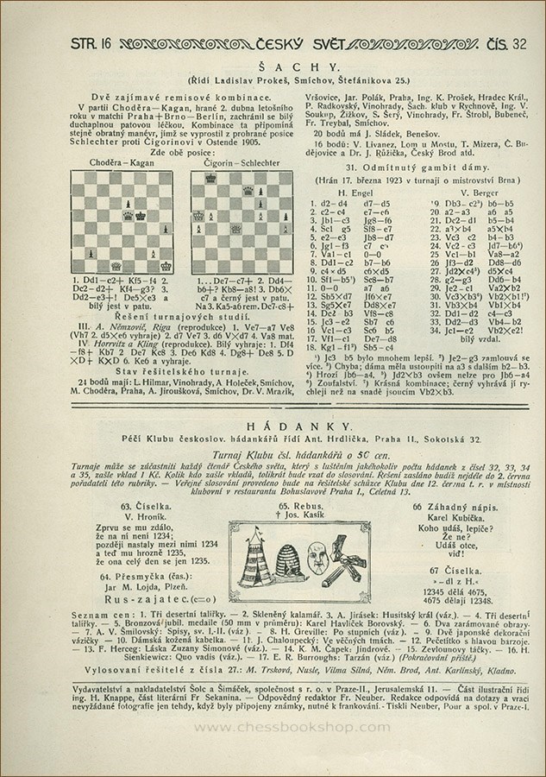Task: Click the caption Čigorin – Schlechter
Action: [x=230, y=161]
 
